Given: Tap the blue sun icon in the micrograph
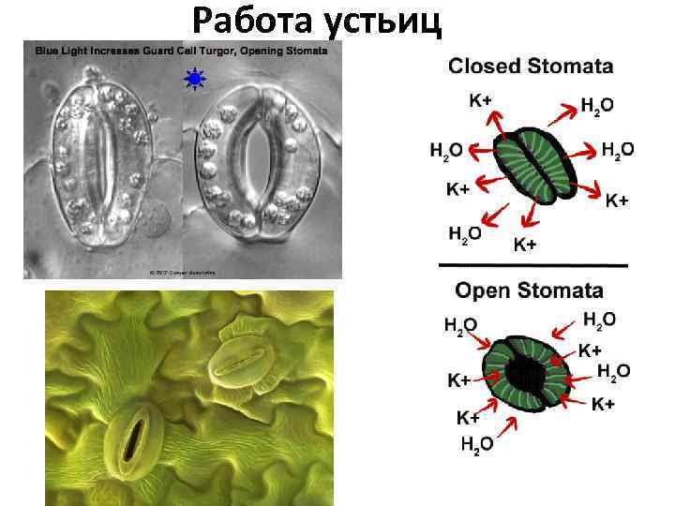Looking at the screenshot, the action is pos(195,81).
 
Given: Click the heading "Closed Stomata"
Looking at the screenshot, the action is pos(531,66).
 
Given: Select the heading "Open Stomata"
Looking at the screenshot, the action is pos(530,290).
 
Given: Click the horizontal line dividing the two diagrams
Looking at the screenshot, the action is pos(532,268).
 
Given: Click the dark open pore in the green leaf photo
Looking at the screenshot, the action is pos(136,439).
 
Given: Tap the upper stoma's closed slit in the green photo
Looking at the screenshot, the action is pos(244,362).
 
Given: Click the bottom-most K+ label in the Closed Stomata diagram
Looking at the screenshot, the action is pos(525,245).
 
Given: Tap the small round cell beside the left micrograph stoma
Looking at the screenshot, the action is pos(160,220).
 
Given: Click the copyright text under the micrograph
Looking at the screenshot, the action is pos(183,273).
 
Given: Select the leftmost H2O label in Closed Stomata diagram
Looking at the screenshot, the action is pos(446,150).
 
